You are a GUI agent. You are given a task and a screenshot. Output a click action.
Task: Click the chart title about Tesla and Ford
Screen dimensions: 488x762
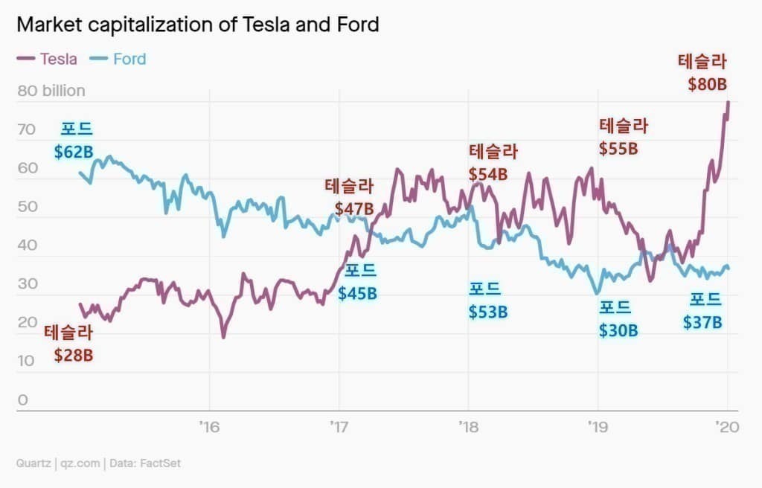[x=197, y=25]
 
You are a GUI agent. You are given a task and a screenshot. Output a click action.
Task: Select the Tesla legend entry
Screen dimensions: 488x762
[x=47, y=59]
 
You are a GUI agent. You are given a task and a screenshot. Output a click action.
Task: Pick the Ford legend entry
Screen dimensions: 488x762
[x=118, y=59]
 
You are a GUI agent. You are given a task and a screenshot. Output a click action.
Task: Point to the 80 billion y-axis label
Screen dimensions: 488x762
[x=51, y=91]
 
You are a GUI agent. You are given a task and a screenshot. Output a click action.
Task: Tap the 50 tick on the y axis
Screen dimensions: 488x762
[x=27, y=208]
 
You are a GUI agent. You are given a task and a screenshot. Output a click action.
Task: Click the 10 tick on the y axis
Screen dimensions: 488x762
[x=27, y=362]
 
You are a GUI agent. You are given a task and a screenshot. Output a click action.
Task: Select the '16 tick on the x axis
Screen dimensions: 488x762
[x=209, y=427]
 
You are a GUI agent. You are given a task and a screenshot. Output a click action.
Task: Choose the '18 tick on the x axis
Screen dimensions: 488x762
[x=468, y=427]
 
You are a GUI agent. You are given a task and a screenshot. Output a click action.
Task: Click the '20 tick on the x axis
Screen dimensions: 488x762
[x=726, y=427]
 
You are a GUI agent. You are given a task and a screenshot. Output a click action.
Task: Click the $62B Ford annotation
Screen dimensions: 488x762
[x=74, y=152]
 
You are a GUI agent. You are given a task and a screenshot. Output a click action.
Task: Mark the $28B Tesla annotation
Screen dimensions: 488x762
[x=74, y=355]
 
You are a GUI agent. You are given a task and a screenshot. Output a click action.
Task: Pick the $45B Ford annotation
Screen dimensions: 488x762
[x=358, y=293]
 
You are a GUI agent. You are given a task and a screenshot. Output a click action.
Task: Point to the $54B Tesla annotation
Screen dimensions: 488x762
[x=488, y=174]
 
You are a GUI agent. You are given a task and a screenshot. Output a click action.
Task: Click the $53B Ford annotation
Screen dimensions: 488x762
[x=488, y=312]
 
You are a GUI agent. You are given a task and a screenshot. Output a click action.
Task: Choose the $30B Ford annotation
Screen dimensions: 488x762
[x=618, y=330]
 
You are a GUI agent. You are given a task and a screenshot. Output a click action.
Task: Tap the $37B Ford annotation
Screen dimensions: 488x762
[x=703, y=322]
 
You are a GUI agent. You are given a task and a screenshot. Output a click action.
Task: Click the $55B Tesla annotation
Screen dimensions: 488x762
[x=619, y=148]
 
